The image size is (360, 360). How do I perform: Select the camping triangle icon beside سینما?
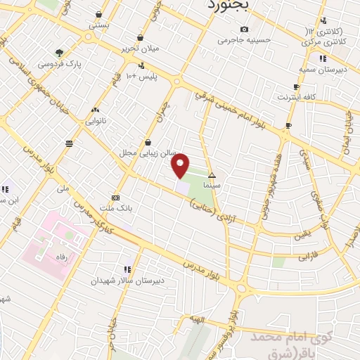tap(212, 174)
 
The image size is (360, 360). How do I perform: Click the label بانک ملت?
tap(115, 208)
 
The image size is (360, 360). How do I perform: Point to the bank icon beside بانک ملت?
tap(115, 198)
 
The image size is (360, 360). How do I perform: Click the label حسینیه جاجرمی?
tap(243, 40)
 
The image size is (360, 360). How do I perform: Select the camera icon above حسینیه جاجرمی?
tap(243, 30)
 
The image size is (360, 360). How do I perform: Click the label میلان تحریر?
tap(141, 49)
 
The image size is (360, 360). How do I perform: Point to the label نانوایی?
tap(96, 121)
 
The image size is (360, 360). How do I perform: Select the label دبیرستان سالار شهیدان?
tap(127, 280)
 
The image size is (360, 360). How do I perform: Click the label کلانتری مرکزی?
tap(324, 41)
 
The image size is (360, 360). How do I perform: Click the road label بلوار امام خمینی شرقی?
tap(229, 105)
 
